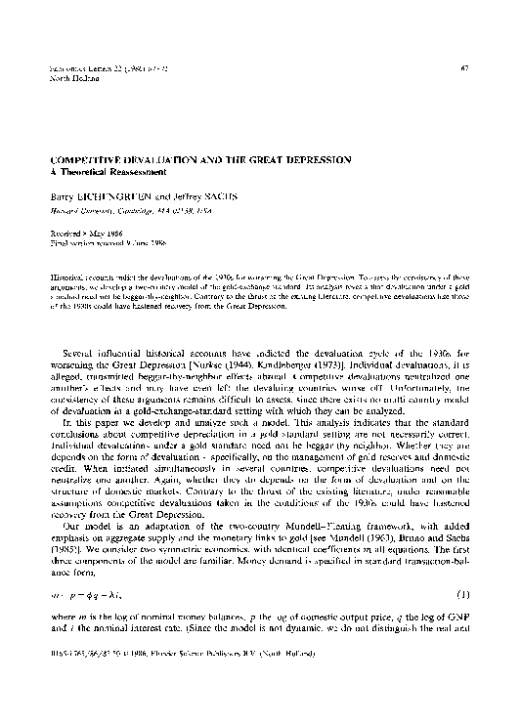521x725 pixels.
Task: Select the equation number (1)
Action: coord(466,621)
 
